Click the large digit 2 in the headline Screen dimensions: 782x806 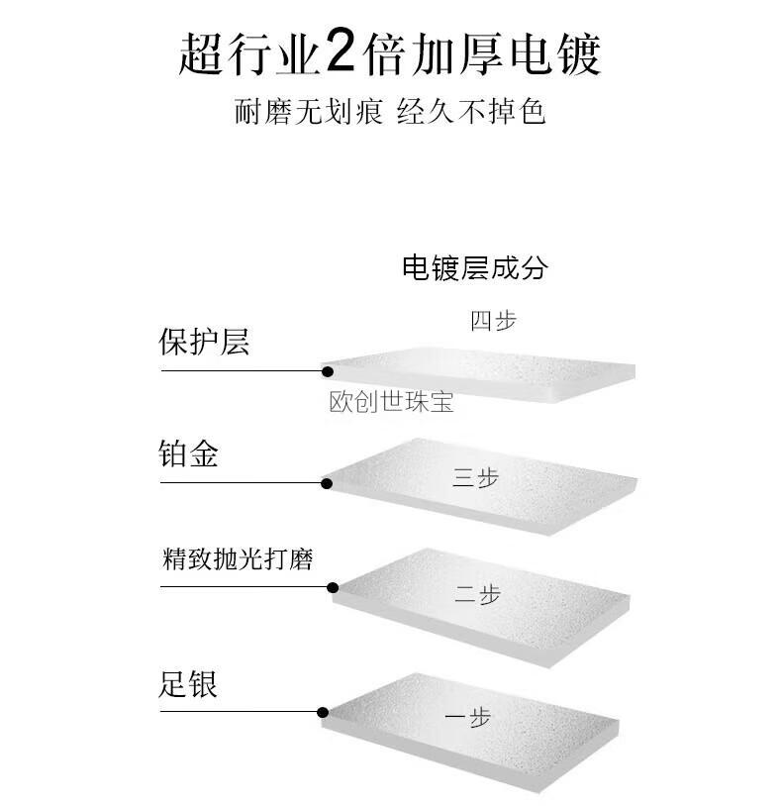tap(341, 52)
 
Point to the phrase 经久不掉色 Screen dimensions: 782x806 tap(471, 111)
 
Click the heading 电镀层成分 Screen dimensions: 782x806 tap(474, 267)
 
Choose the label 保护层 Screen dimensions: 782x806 tap(204, 343)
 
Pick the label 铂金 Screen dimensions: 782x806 tap(188, 455)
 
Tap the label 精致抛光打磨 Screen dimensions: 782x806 tap(238, 559)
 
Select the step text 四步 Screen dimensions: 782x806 tap(493, 321)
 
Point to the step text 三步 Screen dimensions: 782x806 tap(475, 478)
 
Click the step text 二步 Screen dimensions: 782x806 tap(477, 595)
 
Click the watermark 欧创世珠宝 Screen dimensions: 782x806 tap(391, 403)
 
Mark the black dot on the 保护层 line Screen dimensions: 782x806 tap(327, 371)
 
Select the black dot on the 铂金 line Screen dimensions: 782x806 tap(326, 483)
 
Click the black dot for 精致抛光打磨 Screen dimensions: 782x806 tap(334, 586)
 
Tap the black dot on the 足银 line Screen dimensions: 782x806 tap(323, 712)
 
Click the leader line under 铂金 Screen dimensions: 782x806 tap(242, 483)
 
